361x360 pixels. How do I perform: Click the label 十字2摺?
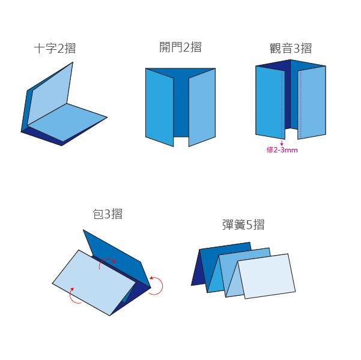55,49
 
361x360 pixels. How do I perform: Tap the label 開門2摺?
180,47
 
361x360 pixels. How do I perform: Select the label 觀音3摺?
291,49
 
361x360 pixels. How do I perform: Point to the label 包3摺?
108,214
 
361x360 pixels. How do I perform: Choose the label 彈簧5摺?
243,225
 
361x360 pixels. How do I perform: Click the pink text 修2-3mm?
282,150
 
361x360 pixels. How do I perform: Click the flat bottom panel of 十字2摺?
66,124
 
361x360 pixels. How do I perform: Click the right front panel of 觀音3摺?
312,102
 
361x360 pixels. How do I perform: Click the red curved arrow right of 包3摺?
157,285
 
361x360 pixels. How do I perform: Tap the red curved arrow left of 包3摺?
74,295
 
